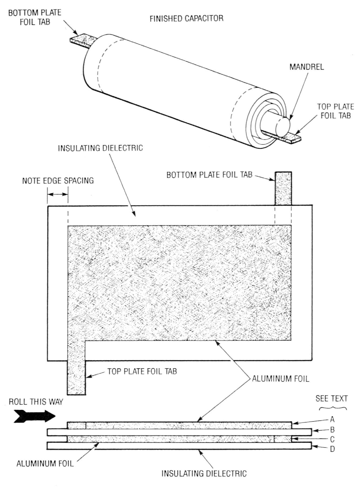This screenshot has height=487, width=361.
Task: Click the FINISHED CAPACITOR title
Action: (186, 19)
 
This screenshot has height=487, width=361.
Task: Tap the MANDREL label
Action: (307, 67)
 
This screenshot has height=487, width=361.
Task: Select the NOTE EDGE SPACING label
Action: (58, 180)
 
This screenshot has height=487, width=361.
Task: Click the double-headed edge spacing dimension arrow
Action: (58, 195)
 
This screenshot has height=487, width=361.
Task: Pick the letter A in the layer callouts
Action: (332, 419)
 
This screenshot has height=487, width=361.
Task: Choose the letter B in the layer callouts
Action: (332, 429)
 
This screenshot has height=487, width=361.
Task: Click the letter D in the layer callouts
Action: (332, 449)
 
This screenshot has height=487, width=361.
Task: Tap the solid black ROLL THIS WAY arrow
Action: (35, 416)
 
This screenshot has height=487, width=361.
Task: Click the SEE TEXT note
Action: (332, 399)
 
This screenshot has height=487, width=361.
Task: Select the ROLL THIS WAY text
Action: (36, 402)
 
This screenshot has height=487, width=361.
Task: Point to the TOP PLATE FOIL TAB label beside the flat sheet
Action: (142, 371)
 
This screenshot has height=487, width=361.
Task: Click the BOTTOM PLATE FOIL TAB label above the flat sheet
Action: (209, 175)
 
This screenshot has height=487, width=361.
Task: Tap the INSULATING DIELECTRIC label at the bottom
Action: (204, 473)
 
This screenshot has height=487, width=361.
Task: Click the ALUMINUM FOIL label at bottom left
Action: (45, 463)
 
